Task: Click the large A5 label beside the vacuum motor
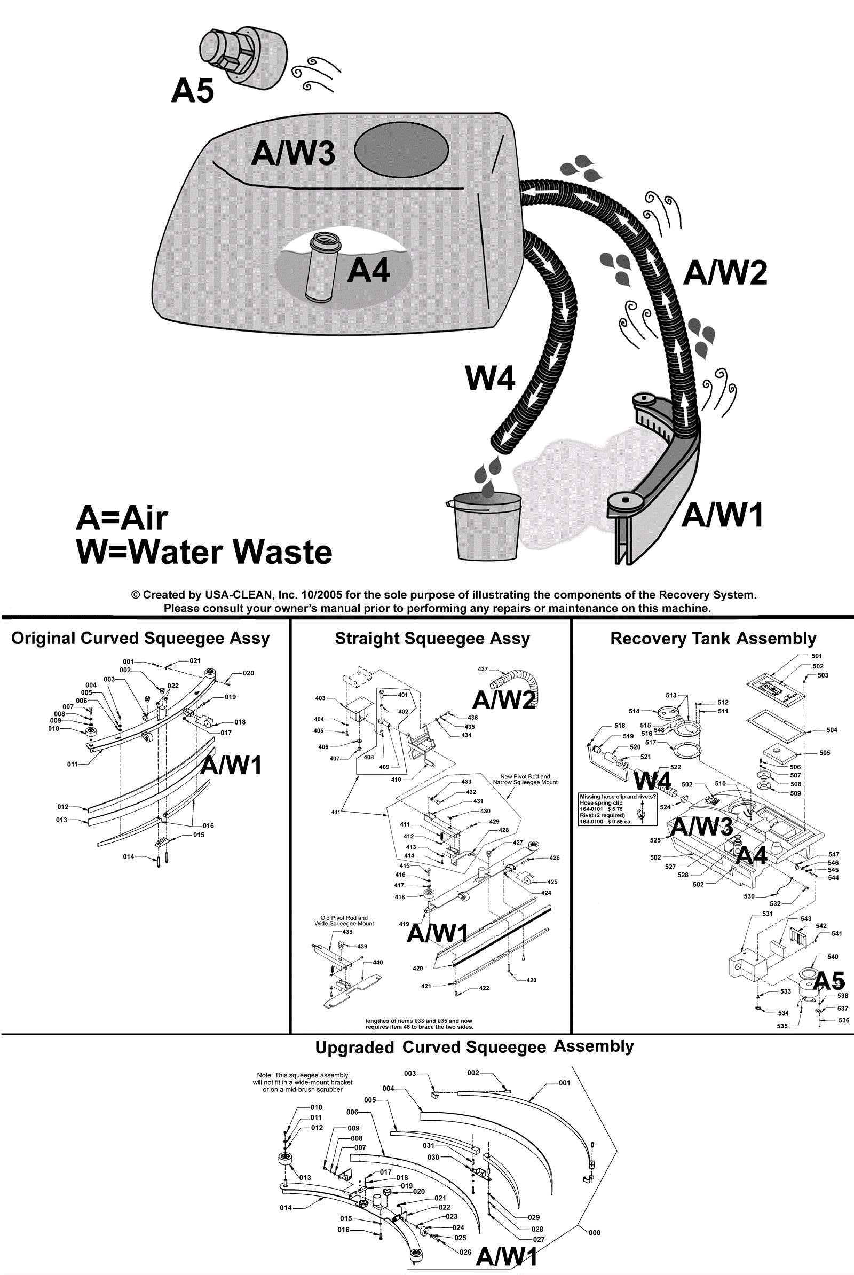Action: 192,90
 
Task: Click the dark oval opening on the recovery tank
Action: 401,149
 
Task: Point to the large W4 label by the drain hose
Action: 489,378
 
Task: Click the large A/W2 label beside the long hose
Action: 725,272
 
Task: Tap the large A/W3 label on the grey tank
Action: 293,153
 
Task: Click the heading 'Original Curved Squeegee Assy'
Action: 140,638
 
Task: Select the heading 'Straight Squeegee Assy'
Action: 432,638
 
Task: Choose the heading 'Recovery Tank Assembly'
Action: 713,638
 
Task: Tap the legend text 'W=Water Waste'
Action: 204,552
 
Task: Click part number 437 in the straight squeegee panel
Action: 483,669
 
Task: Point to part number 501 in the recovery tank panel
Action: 817,656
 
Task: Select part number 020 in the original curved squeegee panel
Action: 248,673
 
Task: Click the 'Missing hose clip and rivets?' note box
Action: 618,809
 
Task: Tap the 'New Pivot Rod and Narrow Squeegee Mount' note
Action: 525,779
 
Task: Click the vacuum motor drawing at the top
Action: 242,56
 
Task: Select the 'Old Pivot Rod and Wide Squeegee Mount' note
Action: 344,920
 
